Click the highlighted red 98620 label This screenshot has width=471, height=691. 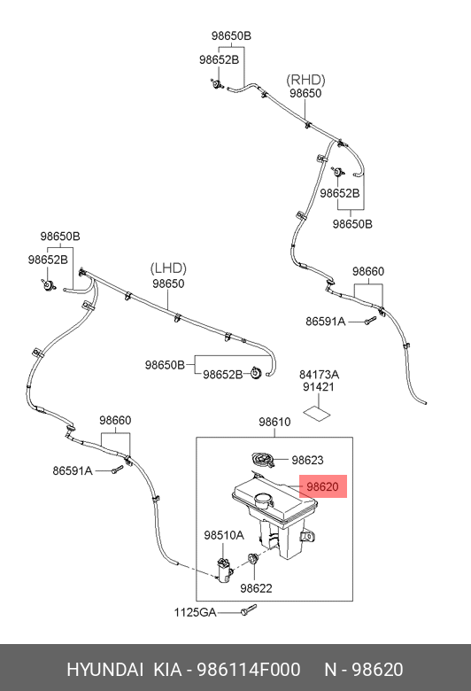coord(322,486)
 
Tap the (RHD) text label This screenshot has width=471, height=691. coord(305,80)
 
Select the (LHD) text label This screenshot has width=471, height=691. coord(168,268)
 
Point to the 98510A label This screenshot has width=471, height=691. coord(224,535)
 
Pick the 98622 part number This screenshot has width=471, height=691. coord(256,588)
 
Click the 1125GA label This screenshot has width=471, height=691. coord(195,612)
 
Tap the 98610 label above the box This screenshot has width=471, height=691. coord(274,423)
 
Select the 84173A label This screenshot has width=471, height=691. coord(319,375)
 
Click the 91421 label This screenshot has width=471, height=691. coord(319,387)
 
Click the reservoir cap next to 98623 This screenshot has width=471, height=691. coord(264,460)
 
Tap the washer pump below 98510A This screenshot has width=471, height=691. coord(224,569)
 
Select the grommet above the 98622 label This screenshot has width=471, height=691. coord(253,559)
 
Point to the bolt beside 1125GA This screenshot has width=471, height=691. coord(248,609)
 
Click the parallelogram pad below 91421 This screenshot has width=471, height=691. coord(317,413)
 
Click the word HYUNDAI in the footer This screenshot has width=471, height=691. coord(104,670)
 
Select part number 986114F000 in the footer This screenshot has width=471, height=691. coord(249,670)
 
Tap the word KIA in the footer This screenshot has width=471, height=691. coord(167,670)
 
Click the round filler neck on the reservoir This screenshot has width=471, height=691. coord(264,501)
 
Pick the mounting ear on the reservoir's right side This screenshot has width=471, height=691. coord(308,536)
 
